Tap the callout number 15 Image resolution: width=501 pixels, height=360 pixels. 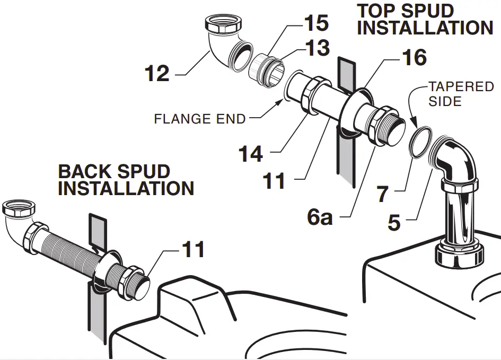316,23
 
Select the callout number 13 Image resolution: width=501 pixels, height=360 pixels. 316,48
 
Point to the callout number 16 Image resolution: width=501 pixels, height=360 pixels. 414,57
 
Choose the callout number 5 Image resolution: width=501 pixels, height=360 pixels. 393,222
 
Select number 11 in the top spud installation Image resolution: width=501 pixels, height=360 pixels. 274,181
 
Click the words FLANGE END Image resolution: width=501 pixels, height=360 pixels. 200,119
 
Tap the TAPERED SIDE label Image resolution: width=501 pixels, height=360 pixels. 461,93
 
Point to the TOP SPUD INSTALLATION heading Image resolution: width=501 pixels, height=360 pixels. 425,19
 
